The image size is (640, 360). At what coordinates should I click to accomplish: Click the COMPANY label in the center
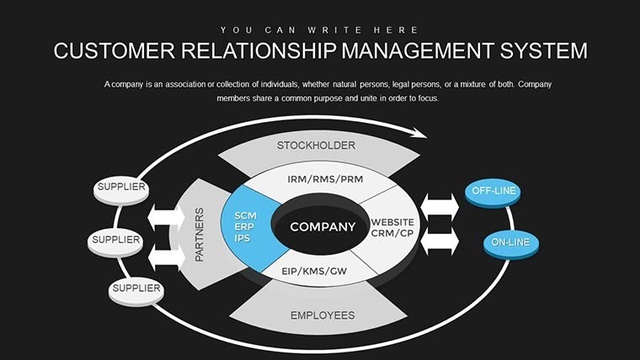323,227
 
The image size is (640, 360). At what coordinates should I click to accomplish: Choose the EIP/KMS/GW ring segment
316,272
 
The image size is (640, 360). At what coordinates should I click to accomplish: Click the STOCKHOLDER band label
316,146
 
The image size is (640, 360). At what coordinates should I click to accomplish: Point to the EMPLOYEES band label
323,315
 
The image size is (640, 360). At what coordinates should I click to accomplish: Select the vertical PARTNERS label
200,234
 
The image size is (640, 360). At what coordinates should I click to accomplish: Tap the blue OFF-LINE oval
493,192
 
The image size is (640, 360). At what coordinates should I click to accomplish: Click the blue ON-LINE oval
510,243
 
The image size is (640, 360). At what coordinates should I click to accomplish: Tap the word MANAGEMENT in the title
408,50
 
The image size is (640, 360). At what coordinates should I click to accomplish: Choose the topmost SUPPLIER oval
120,188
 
